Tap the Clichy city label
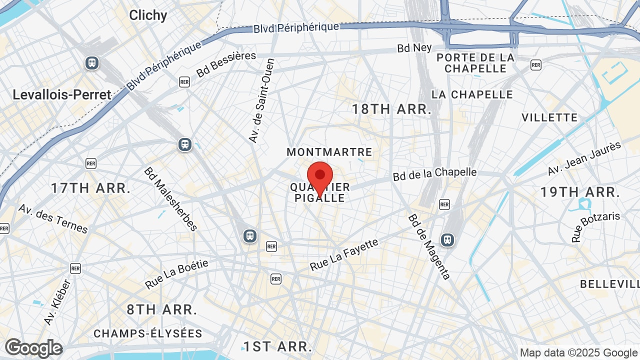click(x=148, y=15)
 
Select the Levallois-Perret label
click(x=62, y=94)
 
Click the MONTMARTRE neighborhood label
click(x=329, y=152)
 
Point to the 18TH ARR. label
click(x=391, y=109)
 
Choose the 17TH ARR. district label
click(x=90, y=188)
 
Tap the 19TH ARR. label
click(x=580, y=192)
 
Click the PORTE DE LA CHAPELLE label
click(x=475, y=63)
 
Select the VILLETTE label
click(x=549, y=117)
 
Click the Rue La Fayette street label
click(x=344, y=255)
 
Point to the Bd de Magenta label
click(x=429, y=246)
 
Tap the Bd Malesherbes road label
click(x=170, y=198)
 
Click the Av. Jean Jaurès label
click(x=584, y=158)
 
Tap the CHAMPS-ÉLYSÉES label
click(x=148, y=333)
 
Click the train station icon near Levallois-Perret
click(x=91, y=63)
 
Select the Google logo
click(x=33, y=348)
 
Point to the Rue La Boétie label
click(x=176, y=274)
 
